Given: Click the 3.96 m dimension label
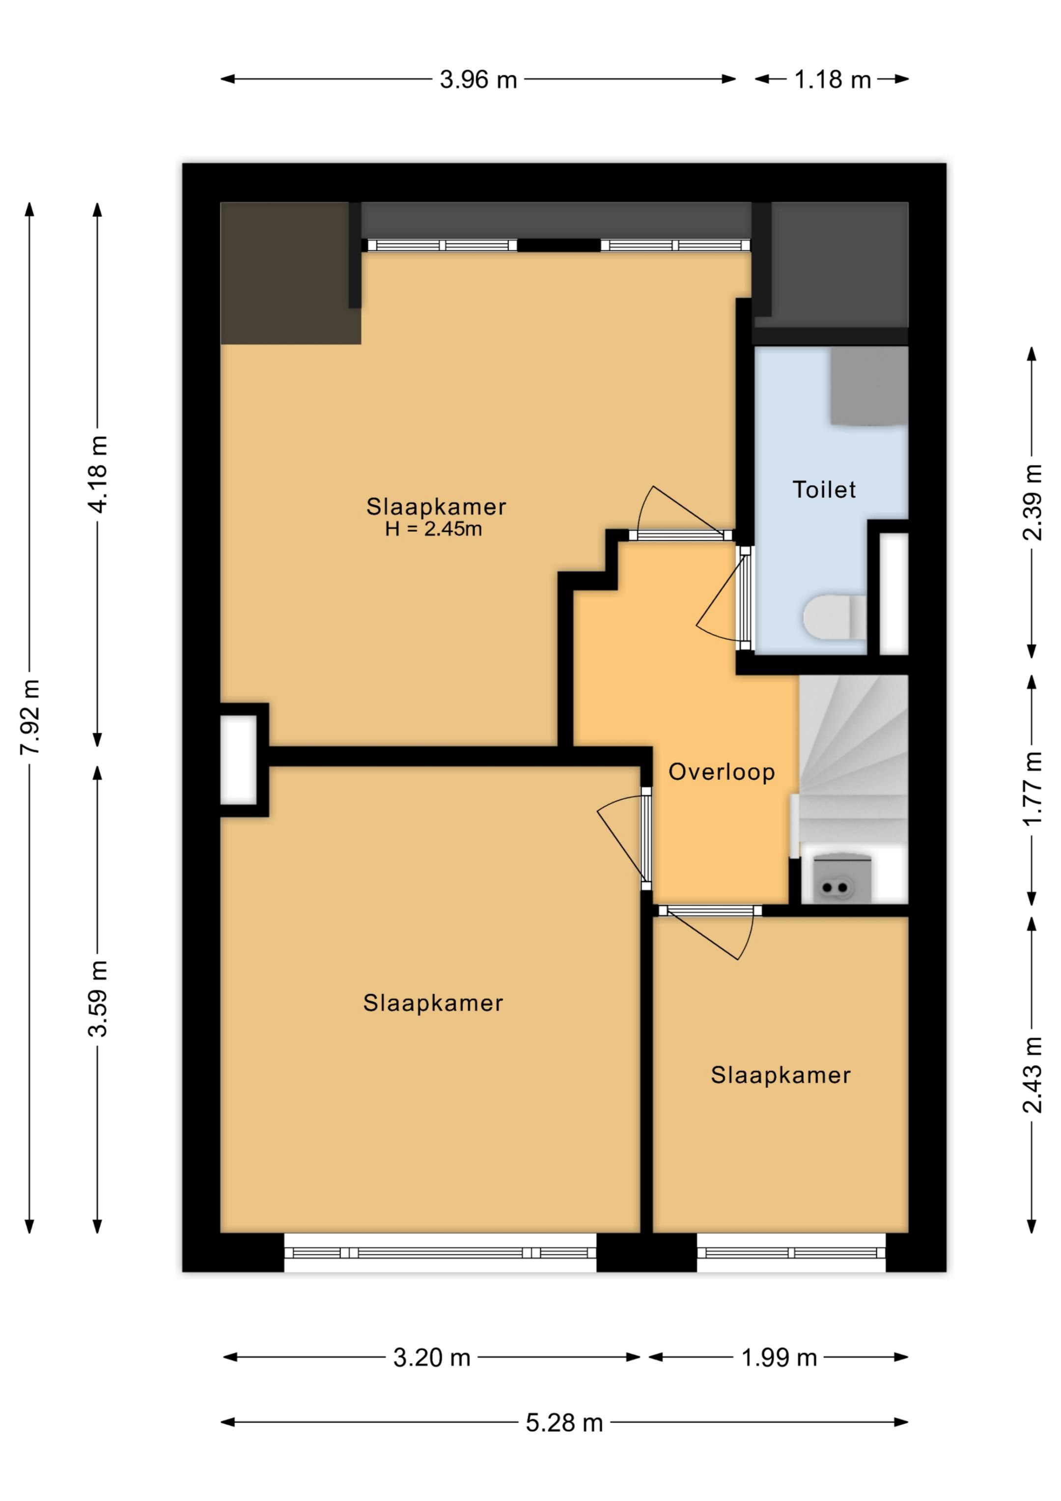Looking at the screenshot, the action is click(x=478, y=80).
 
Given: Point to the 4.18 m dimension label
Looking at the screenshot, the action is click(x=98, y=474).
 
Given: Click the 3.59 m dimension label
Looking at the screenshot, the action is click(x=98, y=999).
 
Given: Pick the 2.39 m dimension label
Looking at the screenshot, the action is click(x=1032, y=502).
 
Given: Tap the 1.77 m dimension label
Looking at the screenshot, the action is click(x=1032, y=789).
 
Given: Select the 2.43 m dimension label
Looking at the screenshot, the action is click(x=1032, y=1075).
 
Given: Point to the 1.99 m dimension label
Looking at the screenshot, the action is click(x=779, y=1359).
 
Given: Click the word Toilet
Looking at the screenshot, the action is click(x=824, y=490).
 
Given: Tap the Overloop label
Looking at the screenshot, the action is click(x=722, y=772).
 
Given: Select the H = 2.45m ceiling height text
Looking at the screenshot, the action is click(x=433, y=529).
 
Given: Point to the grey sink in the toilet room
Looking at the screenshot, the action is click(x=869, y=386).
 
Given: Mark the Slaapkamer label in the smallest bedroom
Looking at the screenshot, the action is click(x=781, y=1076).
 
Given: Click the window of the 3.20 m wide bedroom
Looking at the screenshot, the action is click(x=440, y=1252).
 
